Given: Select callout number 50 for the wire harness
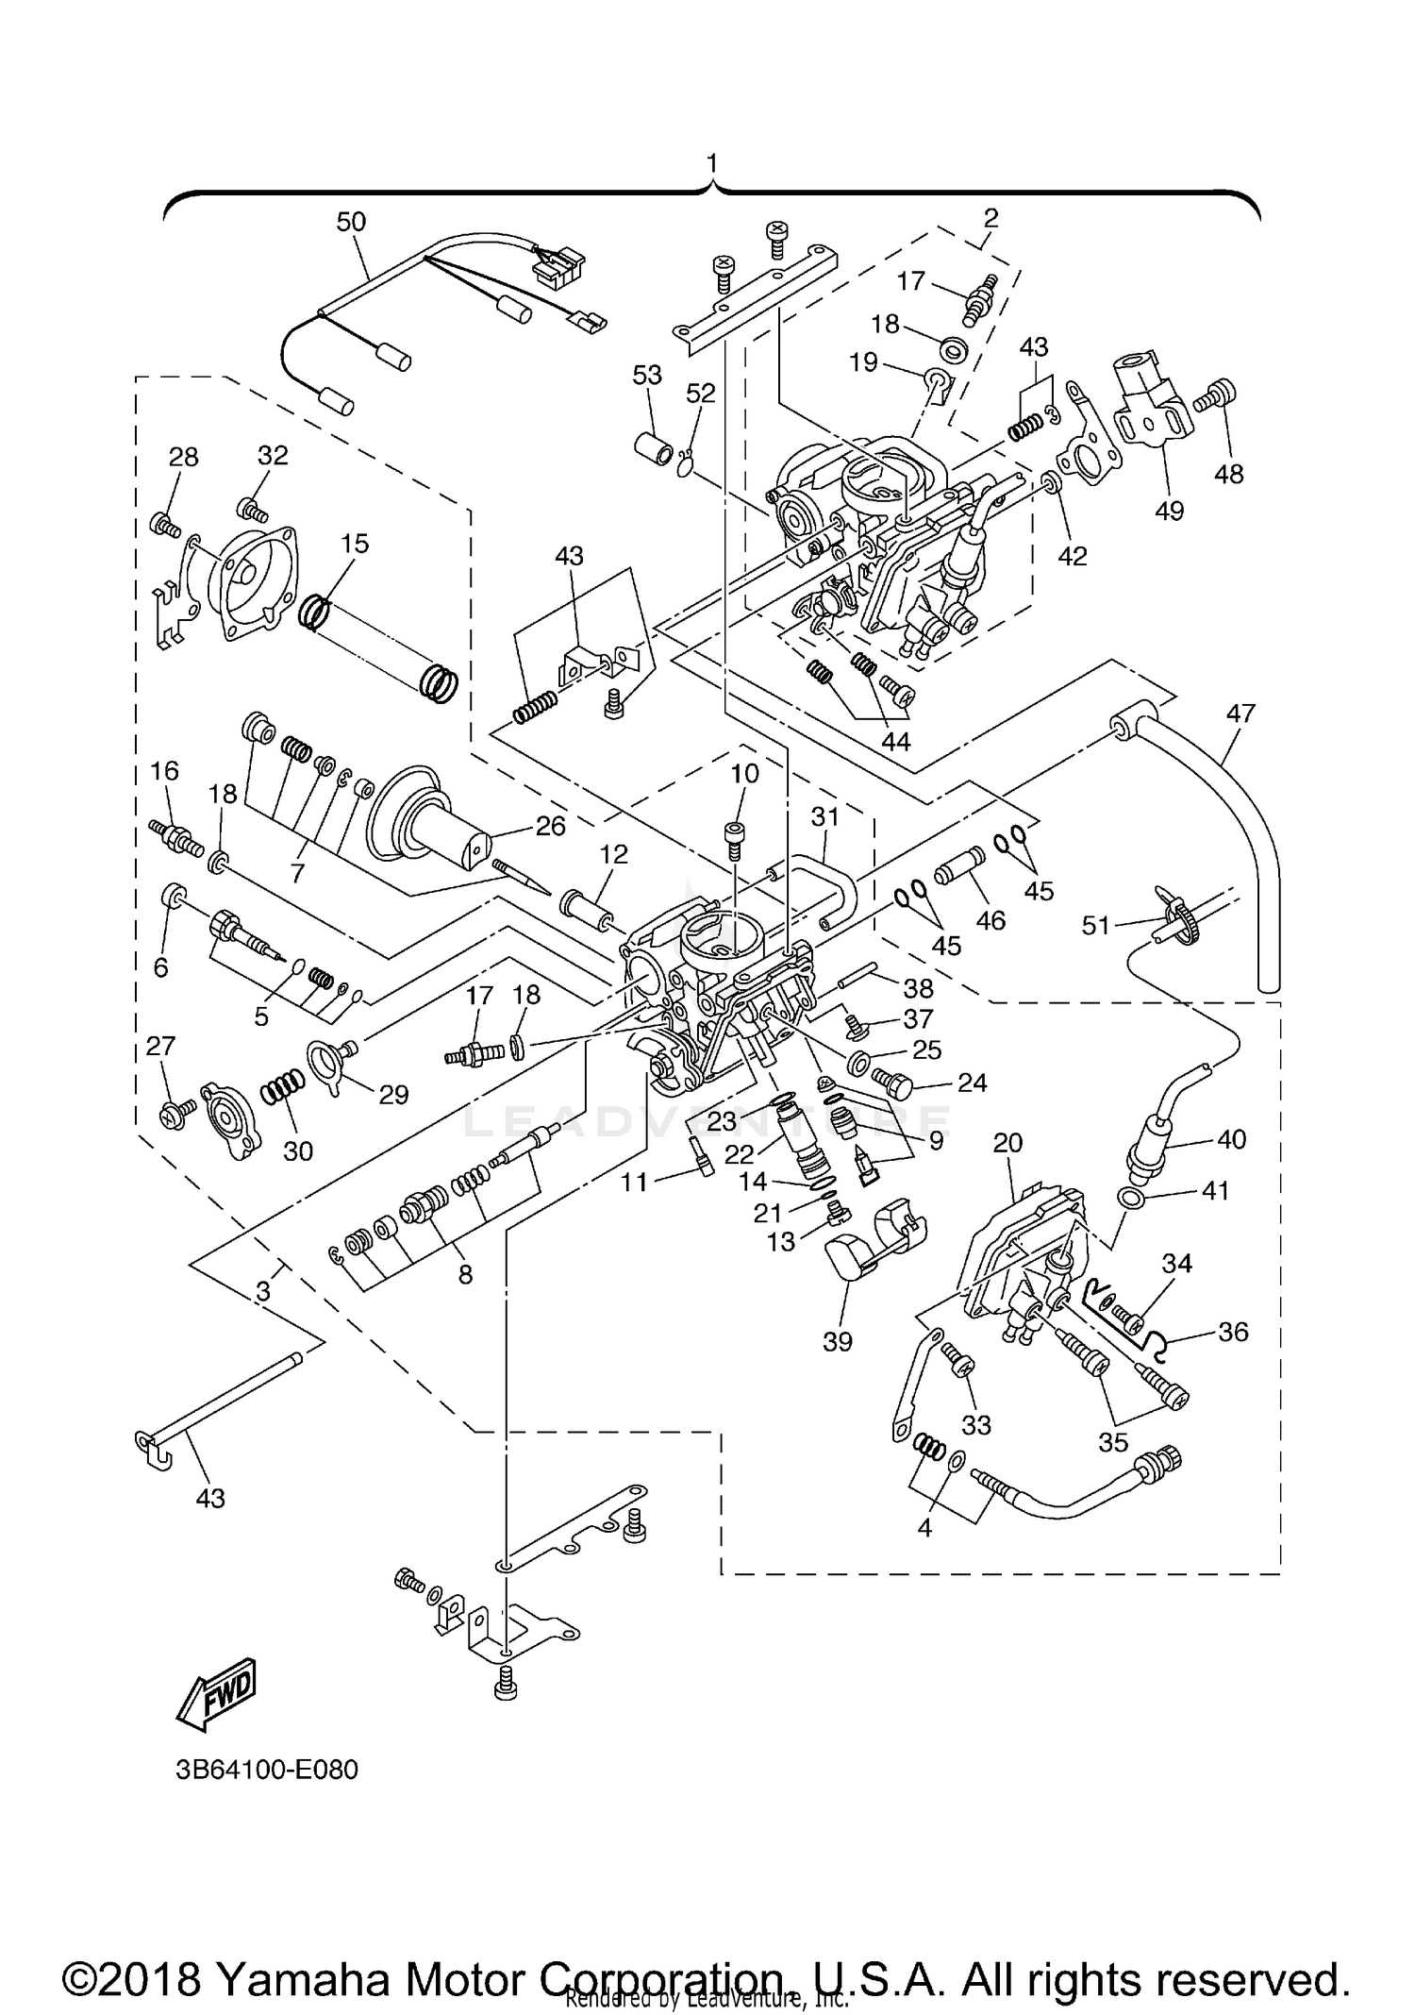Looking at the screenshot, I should coord(351,223).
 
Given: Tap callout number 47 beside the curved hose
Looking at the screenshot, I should coord(1240,714).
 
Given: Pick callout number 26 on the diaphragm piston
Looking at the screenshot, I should coord(550,826).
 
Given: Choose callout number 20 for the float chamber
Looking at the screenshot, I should coord(1007,1143).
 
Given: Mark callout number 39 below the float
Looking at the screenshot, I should coord(838,1341).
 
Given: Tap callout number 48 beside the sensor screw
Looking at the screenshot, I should coord(1229,474).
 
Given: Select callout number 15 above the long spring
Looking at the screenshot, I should coord(355,544).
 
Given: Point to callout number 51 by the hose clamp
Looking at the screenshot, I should coord(1095,926).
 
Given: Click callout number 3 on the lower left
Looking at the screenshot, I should coord(263,1291).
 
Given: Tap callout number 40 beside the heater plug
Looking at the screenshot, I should coord(1231,1139).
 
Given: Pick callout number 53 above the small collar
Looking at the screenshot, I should coord(647,376).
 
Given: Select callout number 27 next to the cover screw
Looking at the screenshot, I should coord(161,1046).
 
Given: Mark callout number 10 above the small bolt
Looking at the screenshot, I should coord(744,774).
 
